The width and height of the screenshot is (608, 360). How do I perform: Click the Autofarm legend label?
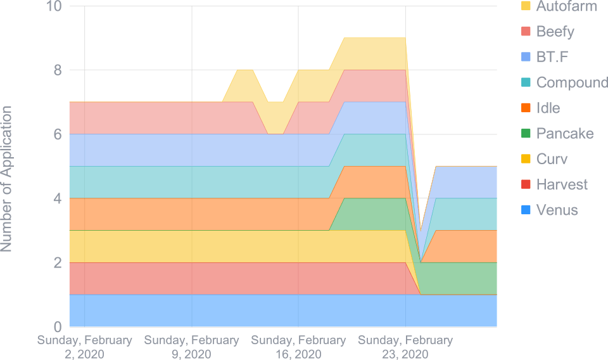[566, 7]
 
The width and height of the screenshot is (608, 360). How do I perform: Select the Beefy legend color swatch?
[524, 32]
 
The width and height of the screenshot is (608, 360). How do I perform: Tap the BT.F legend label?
[552, 57]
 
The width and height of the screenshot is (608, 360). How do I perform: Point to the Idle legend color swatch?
[524, 108]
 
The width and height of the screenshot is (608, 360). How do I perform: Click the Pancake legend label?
[564, 133]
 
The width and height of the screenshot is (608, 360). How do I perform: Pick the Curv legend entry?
[552, 158]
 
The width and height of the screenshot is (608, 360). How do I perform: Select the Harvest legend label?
[562, 184]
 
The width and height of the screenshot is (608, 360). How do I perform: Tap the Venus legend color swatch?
[524, 210]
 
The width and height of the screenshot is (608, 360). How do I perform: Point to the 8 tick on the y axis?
[58, 70]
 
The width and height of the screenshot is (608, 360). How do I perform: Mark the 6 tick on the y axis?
[58, 134]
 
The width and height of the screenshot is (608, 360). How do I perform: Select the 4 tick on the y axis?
[58, 198]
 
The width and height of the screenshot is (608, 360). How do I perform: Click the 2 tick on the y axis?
[58, 262]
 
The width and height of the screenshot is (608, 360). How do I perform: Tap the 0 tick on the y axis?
[58, 326]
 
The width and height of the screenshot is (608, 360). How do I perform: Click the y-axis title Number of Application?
[7, 179]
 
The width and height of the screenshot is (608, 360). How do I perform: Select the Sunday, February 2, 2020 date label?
[85, 347]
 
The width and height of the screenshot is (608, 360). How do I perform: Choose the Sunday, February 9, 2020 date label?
[191, 347]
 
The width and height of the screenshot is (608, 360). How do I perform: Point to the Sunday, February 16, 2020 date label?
[298, 347]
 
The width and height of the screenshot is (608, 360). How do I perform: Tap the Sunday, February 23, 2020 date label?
[405, 347]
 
